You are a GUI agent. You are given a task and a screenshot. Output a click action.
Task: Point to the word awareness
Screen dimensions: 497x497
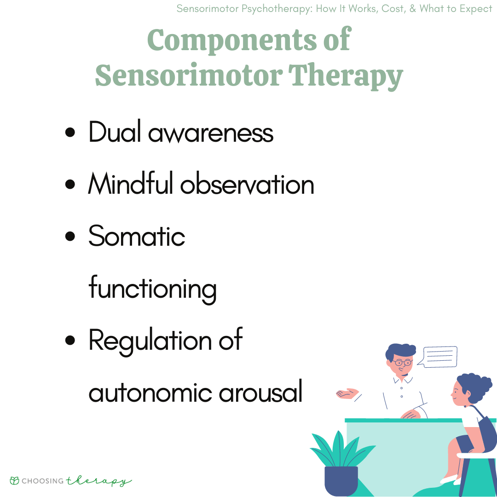pos(211,133)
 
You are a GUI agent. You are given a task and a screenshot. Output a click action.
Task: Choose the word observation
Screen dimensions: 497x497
pos(247,185)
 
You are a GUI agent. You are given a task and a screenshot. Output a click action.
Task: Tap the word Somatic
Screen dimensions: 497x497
pos(137,236)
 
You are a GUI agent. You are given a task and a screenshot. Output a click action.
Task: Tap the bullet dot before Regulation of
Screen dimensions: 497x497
pos(70,341)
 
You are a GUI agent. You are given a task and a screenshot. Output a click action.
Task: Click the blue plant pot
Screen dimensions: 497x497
pos(341,480)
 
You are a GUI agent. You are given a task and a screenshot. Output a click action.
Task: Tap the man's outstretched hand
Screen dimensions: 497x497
pos(347,393)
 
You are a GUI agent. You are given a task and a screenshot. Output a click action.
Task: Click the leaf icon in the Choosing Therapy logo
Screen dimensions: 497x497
pos(15,480)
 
